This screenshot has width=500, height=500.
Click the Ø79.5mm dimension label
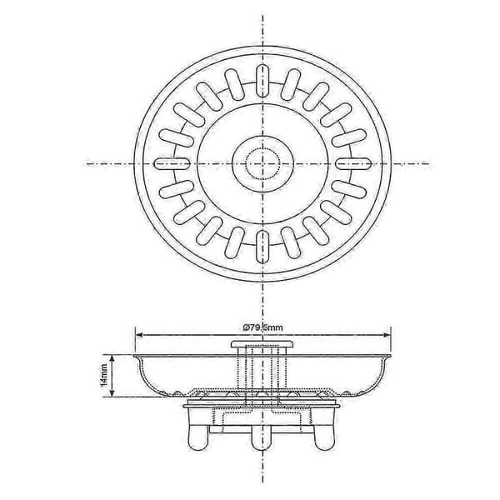coord(262,327)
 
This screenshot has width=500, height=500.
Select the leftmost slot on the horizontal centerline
coord(172,163)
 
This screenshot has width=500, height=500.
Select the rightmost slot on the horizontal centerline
coord(353,163)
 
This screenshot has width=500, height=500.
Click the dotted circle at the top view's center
coord(262,163)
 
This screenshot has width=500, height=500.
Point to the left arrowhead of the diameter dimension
coord(138,335)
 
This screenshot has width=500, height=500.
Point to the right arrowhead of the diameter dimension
coord(387,335)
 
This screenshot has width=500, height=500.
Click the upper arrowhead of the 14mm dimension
coord(112,357)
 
